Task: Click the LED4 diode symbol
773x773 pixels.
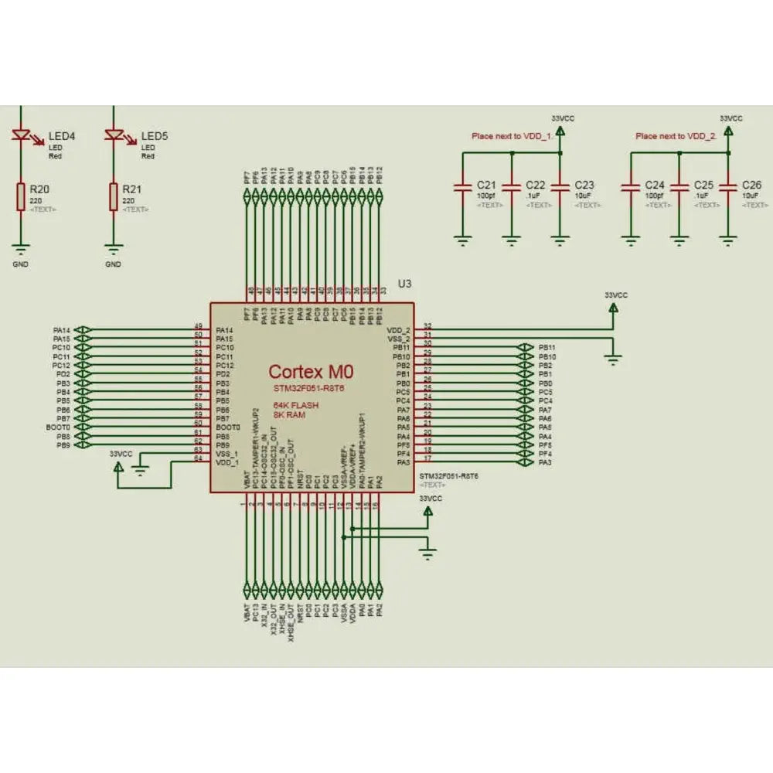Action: (x=22, y=136)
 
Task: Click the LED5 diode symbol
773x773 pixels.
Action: (x=114, y=136)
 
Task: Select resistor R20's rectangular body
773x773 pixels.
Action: (x=22, y=197)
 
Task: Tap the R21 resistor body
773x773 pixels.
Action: (x=114, y=197)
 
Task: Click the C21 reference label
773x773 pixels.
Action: (x=486, y=186)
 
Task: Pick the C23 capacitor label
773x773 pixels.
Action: (x=585, y=186)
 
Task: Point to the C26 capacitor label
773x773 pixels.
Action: (x=752, y=186)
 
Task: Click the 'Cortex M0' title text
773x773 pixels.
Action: (x=310, y=372)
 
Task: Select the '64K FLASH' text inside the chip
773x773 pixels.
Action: (x=296, y=405)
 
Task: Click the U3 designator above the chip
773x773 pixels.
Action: (x=404, y=284)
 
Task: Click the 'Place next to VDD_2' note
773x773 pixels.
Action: (x=676, y=136)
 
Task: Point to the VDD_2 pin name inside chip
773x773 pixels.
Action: (x=399, y=330)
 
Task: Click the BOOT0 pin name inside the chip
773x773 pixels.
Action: (x=228, y=427)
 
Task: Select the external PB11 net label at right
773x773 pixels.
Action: (x=547, y=348)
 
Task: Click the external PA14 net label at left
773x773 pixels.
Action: (x=62, y=330)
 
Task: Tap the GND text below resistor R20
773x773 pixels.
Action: (x=21, y=264)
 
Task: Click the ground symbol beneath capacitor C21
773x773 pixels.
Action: (x=462, y=240)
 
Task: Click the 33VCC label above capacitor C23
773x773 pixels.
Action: (x=563, y=117)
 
